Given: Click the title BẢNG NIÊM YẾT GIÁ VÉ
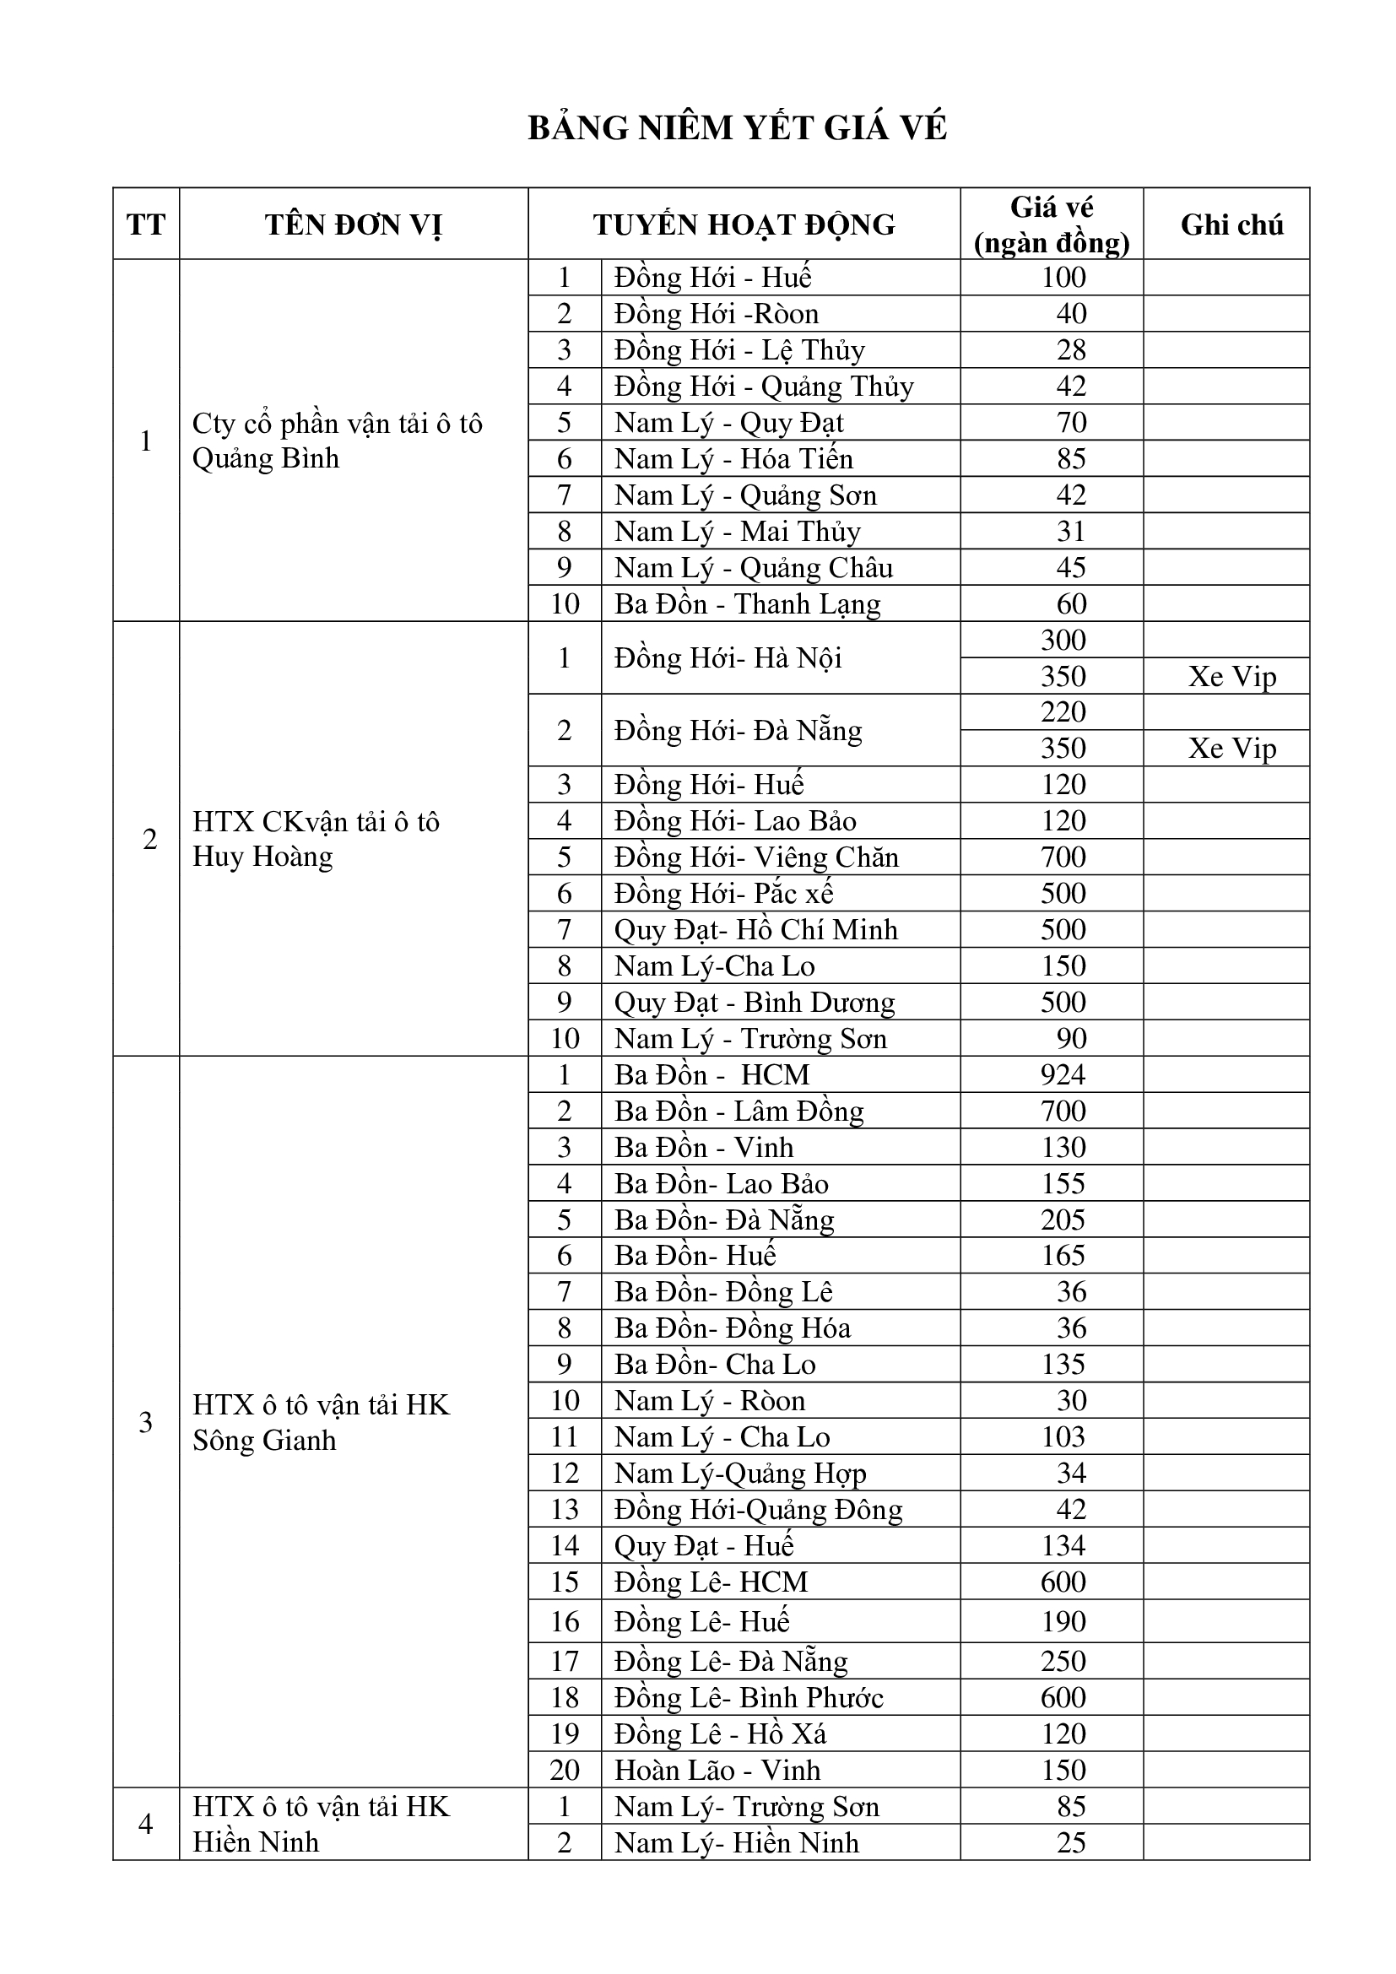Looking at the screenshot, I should [737, 128].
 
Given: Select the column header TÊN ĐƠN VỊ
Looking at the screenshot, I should [354, 225].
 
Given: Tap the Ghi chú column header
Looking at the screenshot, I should [1231, 225].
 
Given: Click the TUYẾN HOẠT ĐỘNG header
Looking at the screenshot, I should [744, 225].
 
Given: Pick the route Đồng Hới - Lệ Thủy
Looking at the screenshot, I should [739, 350].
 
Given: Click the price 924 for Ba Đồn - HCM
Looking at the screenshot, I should [1063, 1074].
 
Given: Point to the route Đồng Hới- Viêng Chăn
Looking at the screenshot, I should [755, 857].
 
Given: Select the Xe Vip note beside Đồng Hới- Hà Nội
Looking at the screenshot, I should [1231, 677].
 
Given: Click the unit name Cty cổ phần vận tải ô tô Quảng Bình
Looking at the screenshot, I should [337, 441].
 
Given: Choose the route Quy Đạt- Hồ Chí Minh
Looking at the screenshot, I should [755, 930].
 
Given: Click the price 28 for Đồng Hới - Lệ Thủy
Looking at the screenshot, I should [1071, 350].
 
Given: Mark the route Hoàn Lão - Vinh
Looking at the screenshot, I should [717, 1771].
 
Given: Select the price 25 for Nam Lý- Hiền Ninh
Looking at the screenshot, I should [1071, 1842].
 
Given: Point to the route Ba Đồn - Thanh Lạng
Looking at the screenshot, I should [747, 604].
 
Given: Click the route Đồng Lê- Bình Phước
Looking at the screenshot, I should [748, 1698].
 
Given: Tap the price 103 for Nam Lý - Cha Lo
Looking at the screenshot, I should [1063, 1436].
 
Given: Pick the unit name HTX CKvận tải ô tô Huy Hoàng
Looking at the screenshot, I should [316, 839].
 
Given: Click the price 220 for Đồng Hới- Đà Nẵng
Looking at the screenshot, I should [1063, 713].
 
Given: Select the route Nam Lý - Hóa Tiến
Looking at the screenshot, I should [733, 459].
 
